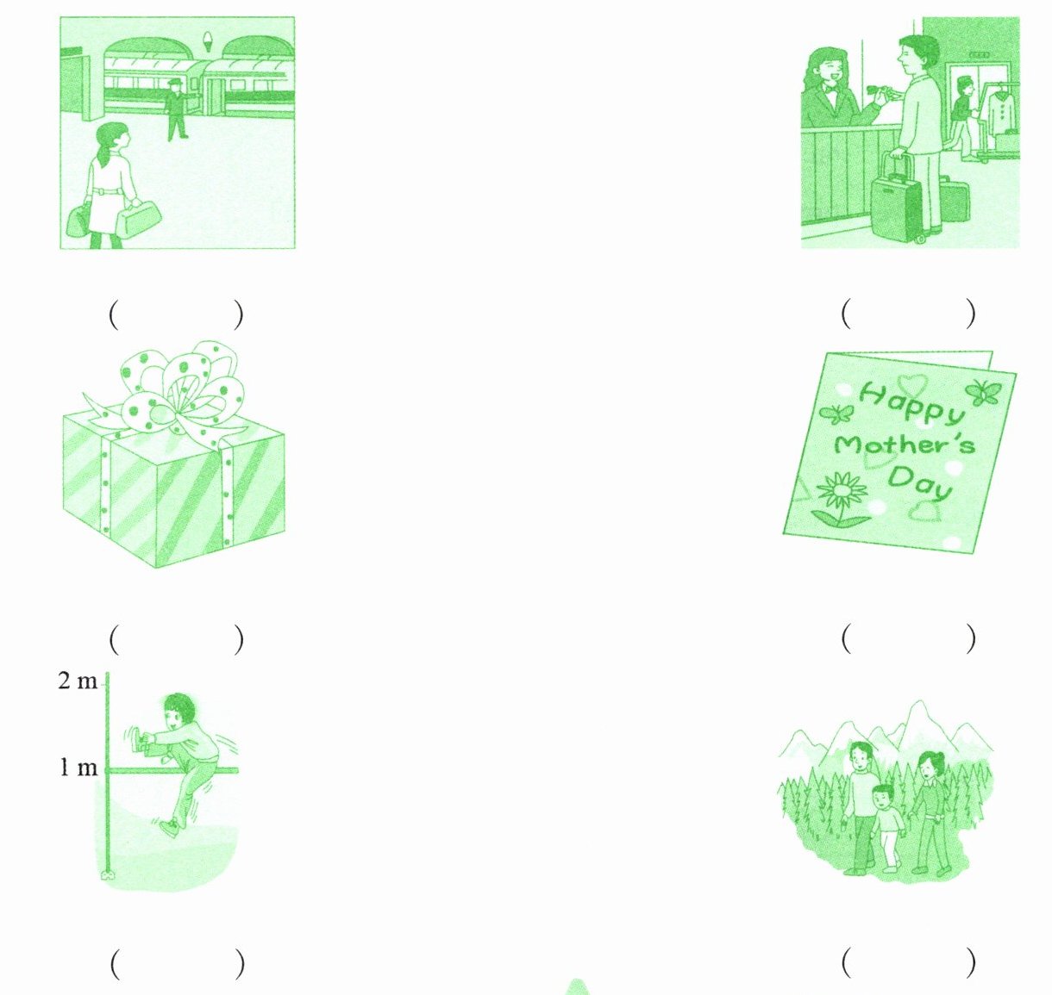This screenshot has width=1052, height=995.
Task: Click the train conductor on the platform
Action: tap(177, 109)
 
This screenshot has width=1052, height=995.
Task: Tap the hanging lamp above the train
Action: tap(207, 41)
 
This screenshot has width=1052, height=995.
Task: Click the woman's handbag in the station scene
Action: tap(138, 218)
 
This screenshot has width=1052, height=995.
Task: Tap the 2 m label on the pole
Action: tap(78, 681)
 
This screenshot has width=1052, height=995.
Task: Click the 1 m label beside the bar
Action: tap(78, 768)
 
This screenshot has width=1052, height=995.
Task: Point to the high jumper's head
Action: tap(178, 711)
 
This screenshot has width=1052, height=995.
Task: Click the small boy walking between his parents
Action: tap(886, 828)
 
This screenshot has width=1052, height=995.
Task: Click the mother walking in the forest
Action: tap(930, 812)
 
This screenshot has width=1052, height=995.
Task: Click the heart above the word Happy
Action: tap(911, 384)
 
